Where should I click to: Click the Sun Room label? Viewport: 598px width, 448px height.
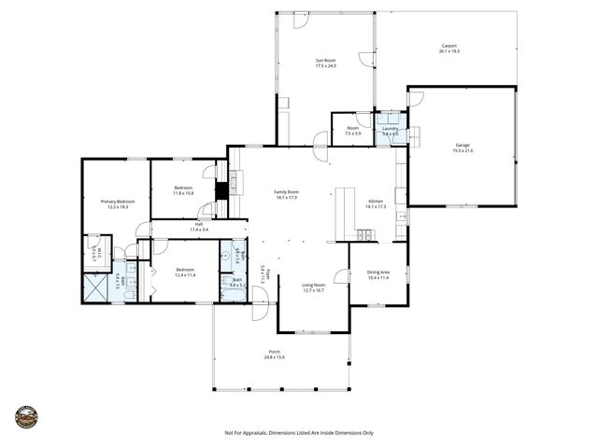coord(325,60)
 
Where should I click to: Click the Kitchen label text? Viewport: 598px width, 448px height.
coord(376,201)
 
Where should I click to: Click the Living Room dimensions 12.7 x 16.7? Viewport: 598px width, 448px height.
coord(312,290)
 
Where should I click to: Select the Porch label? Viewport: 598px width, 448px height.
coord(274,351)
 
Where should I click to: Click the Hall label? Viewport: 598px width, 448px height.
coord(199,223)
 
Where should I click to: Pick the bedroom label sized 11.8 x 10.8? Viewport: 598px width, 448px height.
coord(183,193)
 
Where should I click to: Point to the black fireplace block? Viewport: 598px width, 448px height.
coord(221,189)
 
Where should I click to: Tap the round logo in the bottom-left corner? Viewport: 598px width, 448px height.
coord(27,416)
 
